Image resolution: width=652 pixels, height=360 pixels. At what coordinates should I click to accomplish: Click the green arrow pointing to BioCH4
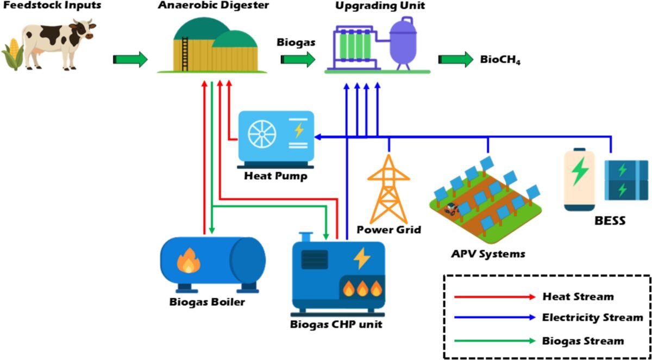click(456, 60)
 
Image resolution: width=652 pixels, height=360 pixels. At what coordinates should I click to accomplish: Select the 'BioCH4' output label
click(500, 60)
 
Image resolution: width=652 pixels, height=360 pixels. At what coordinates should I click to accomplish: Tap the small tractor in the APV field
click(451, 208)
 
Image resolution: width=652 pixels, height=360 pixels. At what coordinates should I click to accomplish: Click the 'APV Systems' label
click(488, 254)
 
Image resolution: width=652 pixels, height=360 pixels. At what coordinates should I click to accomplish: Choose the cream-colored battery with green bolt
click(579, 179)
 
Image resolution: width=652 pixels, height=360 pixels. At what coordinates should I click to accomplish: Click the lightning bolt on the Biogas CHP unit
click(361, 259)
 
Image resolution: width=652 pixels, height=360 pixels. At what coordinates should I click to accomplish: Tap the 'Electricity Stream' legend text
click(592, 317)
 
